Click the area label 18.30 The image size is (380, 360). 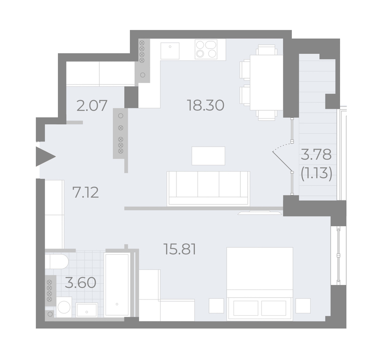(206, 106)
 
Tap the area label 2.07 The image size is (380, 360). (92, 106)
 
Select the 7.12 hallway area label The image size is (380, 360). (86, 193)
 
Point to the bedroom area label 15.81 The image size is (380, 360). (180, 249)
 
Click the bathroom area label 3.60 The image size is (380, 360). (81, 283)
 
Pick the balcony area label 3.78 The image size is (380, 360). (316, 155)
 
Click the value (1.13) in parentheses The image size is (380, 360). (316, 173)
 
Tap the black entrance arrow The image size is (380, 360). (45, 156)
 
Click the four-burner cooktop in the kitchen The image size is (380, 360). (206, 49)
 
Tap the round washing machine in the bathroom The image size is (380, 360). (64, 307)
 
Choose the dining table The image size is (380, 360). (266, 82)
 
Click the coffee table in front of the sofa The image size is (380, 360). (209, 156)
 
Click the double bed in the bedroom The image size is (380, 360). (260, 284)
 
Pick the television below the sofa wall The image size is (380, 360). (260, 213)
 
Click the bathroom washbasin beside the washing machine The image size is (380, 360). (87, 310)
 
